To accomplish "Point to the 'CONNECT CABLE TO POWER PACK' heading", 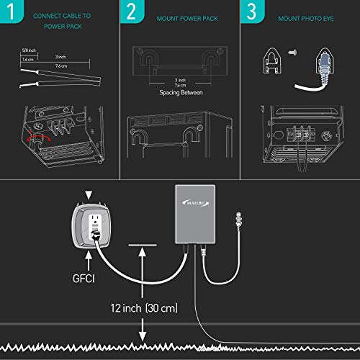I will point(63,19).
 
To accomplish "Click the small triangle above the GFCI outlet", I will point(88,195).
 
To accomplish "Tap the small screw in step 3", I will point(291,51).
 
